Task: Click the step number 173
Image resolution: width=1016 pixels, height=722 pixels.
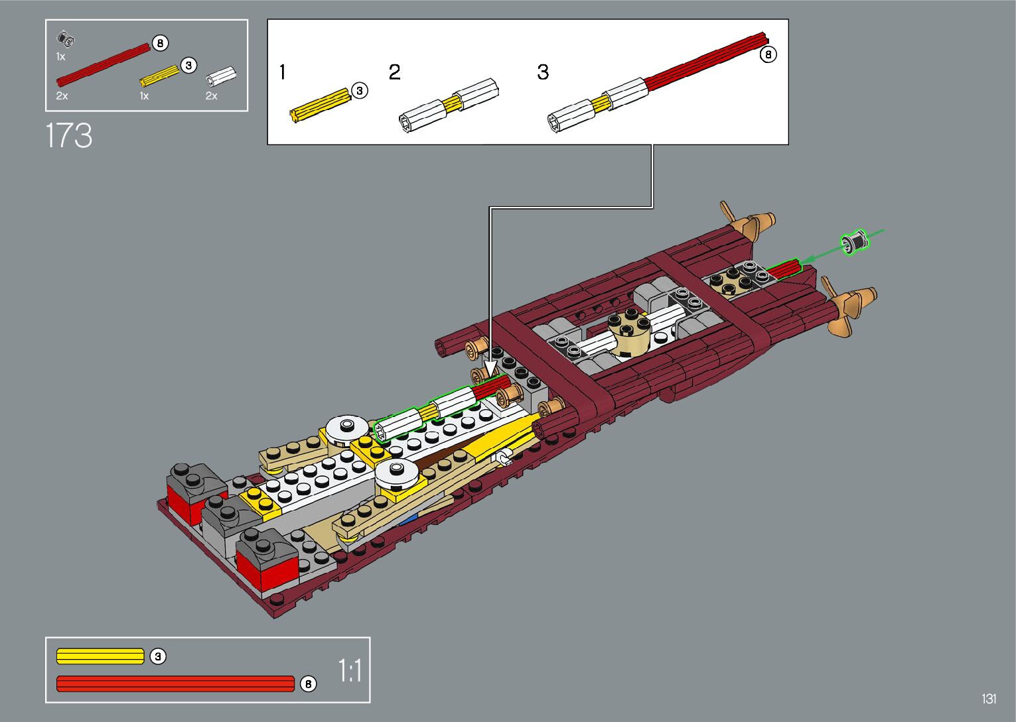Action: point(69,135)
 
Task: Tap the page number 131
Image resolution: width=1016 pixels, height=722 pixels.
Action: point(989,699)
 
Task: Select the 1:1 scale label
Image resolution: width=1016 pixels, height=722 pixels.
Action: point(350,671)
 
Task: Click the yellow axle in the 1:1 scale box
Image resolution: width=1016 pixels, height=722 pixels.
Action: point(100,656)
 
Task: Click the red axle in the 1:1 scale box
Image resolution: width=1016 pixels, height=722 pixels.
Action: point(176,684)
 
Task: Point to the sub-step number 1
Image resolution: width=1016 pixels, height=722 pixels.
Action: point(283,72)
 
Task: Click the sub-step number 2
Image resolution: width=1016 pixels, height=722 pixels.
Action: point(395,72)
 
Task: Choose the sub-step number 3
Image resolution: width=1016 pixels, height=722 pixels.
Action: point(543,72)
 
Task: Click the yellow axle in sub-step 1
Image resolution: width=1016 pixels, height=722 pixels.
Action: point(321,105)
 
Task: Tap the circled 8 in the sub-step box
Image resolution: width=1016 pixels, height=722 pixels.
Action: point(768,55)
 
